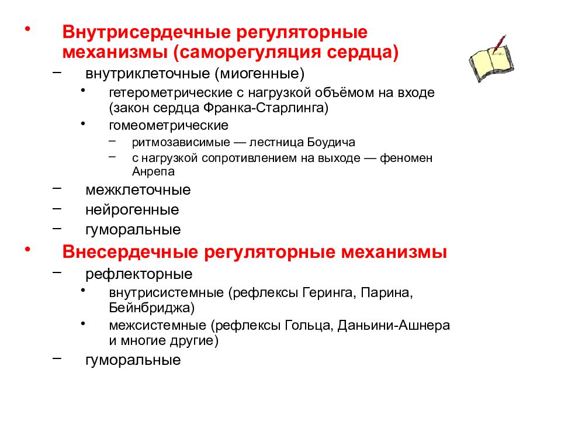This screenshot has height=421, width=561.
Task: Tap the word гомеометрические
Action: (x=168, y=125)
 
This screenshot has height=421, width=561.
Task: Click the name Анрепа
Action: (x=153, y=172)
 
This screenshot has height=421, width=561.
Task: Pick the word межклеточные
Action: (x=138, y=190)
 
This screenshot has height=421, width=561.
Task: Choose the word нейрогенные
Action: (x=132, y=209)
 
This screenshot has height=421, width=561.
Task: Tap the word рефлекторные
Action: (x=139, y=274)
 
